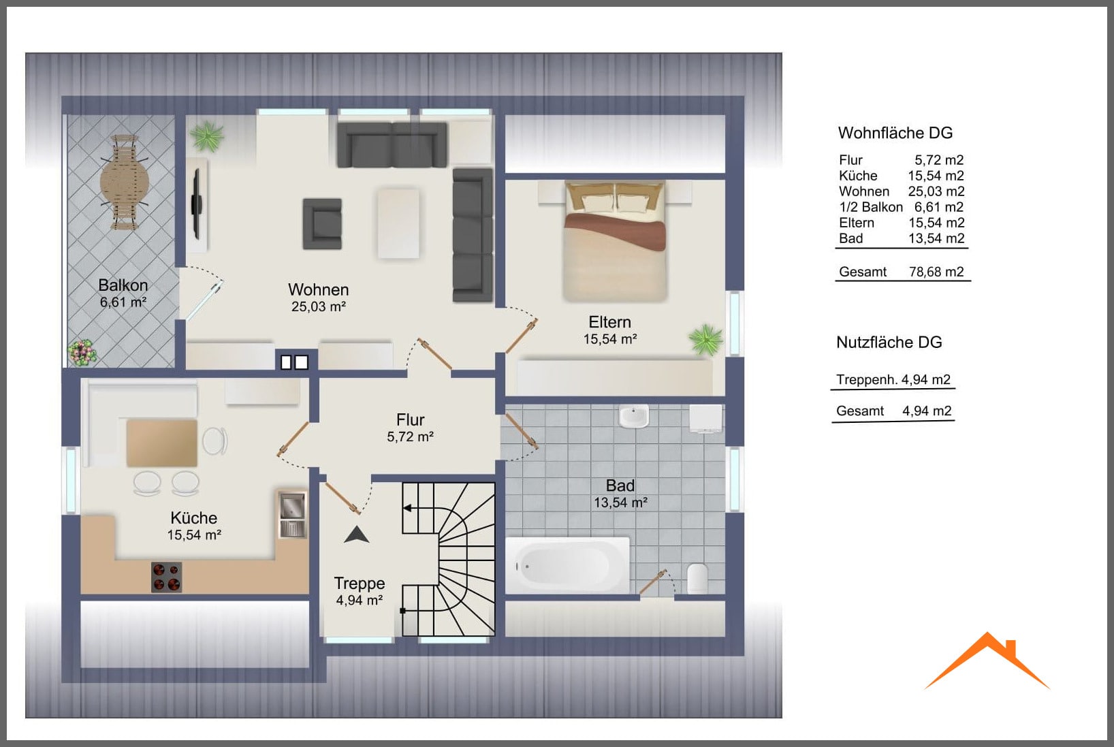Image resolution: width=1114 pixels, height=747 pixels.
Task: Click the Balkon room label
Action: coord(123,285)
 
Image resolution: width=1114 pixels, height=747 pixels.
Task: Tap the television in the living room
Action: coord(197,204)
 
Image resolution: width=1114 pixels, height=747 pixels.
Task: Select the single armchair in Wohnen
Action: coord(322,224)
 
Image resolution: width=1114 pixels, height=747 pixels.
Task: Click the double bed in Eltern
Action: coord(615,240)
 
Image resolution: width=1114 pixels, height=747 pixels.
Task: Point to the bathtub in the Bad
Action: coord(567,565)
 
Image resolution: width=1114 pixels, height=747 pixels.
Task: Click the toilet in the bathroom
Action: coord(697,578)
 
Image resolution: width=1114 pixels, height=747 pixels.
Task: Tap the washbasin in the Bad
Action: coord(633,416)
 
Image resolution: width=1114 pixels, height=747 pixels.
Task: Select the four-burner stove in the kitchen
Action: coord(167,577)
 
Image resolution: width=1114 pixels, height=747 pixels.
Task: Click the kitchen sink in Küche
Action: coord(292,513)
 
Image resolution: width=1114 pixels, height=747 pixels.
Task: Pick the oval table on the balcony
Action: coord(125,182)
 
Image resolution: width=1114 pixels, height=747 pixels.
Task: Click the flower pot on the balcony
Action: coord(82,352)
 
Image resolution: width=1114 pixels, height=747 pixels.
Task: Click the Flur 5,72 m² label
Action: coord(411,428)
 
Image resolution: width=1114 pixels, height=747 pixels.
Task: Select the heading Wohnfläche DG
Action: coord(895,133)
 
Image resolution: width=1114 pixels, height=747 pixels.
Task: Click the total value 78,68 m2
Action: coord(936,272)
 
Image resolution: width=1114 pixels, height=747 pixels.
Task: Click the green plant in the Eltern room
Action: coord(705,340)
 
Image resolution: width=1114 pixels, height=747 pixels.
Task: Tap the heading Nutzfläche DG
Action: coord(889,342)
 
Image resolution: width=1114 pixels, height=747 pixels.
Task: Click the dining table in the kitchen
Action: coord(161,443)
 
